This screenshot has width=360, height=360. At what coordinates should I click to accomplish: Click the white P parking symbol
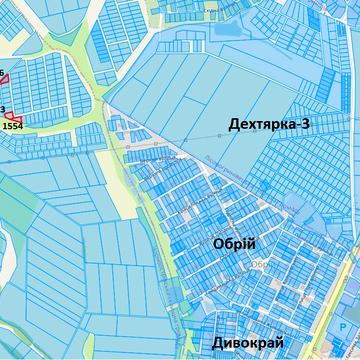click(347, 326)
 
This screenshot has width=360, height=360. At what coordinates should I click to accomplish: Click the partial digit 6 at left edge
click(2, 71)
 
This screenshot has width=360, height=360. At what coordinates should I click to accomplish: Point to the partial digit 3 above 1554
click(3, 108)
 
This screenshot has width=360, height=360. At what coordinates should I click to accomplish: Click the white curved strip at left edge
click(6, 250)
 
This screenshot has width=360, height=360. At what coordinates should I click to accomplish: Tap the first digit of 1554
click(5, 126)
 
